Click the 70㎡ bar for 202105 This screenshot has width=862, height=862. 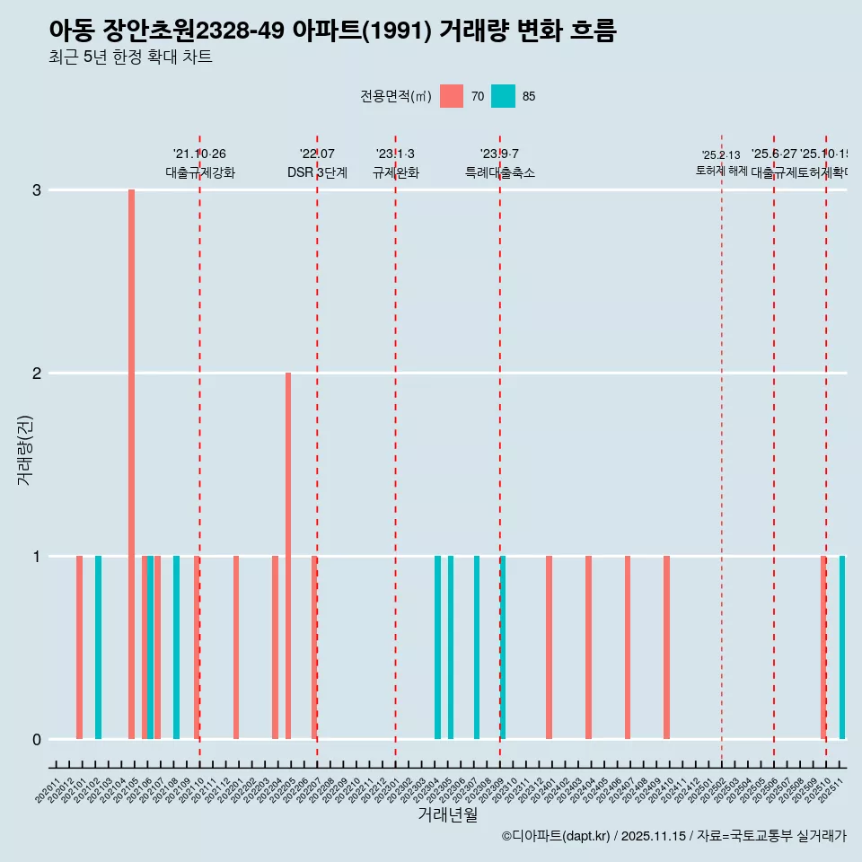click(131, 464)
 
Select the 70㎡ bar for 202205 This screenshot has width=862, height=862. click(288, 556)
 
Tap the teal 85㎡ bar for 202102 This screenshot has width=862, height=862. click(98, 647)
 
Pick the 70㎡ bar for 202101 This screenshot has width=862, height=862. click(79, 647)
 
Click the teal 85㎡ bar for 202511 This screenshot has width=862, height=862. click(842, 647)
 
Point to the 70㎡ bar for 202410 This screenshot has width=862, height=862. click(666, 647)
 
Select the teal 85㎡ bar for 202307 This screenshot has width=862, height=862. click(477, 647)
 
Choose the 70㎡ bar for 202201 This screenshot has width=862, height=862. click(236, 647)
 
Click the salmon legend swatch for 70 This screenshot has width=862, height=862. click(452, 96)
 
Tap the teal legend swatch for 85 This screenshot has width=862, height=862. click(504, 96)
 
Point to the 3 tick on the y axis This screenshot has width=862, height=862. click(37, 190)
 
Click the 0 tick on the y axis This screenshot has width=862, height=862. click(37, 739)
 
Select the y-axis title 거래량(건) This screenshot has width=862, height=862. click(24, 449)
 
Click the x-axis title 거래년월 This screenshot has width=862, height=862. click(447, 814)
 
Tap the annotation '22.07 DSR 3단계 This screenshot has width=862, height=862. click(317, 163)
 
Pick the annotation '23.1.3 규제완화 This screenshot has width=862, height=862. click(395, 163)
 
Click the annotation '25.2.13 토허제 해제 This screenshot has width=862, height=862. click(721, 163)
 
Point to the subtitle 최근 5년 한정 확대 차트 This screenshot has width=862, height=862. click(130, 57)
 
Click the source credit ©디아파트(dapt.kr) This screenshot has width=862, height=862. click(556, 836)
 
